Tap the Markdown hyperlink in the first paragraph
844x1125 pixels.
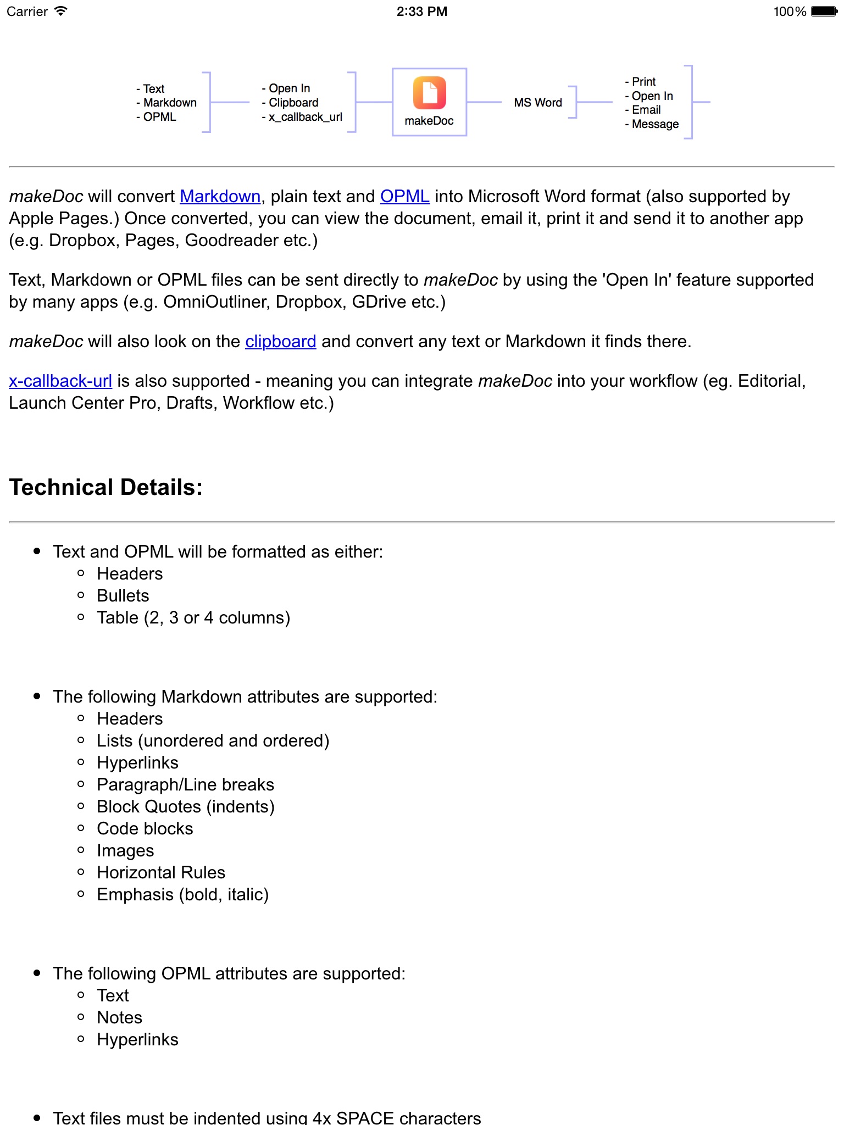pyautogui.click(x=220, y=197)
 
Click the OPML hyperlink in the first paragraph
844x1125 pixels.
pyautogui.click(x=404, y=197)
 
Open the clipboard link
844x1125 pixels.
pyautogui.click(x=280, y=342)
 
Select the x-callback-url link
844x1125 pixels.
pyautogui.click(x=60, y=381)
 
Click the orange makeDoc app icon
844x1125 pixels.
pyautogui.click(x=429, y=93)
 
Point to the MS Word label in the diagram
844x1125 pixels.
pyautogui.click(x=538, y=103)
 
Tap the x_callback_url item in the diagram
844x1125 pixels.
pyautogui.click(x=305, y=117)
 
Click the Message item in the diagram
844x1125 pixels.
pyautogui.click(x=655, y=124)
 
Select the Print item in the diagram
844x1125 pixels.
pyautogui.click(x=643, y=82)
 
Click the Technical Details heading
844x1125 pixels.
pyautogui.click(x=106, y=487)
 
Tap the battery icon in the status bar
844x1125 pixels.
pyautogui.click(x=824, y=12)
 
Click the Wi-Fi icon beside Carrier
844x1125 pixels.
pyautogui.click(x=61, y=12)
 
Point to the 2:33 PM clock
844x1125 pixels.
pyautogui.click(x=422, y=12)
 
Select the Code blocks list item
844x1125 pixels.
pyautogui.click(x=145, y=828)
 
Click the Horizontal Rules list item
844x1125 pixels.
pyautogui.click(x=161, y=872)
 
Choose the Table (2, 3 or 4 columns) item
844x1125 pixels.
pyautogui.click(x=193, y=617)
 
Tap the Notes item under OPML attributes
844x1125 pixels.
pyautogui.click(x=120, y=1017)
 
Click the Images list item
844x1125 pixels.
pyautogui.click(x=125, y=850)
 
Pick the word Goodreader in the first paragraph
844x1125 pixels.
pyautogui.click(x=231, y=241)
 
